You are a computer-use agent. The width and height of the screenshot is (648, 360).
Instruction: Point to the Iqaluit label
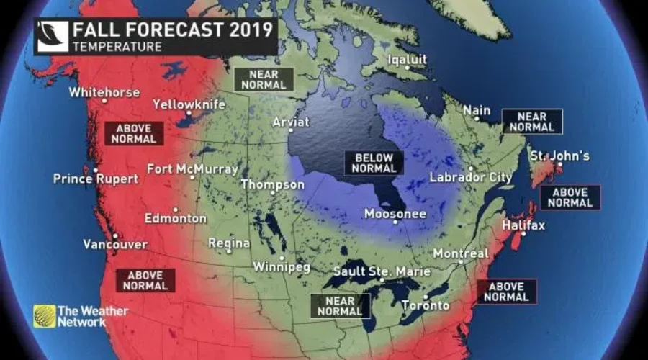coord(408,59)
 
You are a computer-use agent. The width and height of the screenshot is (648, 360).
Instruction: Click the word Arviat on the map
coord(290,122)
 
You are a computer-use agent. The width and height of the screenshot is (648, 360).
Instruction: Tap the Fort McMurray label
coord(192,169)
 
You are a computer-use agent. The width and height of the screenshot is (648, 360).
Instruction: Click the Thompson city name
coord(272,184)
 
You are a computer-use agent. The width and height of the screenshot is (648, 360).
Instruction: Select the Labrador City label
coord(471,177)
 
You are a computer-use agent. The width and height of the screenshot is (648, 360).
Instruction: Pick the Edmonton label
coord(175,218)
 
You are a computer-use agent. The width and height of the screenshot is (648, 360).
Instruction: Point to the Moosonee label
coord(395,214)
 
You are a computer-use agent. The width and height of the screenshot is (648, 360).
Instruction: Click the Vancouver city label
coord(115,244)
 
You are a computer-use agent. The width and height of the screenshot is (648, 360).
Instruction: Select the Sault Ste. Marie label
coord(382,271)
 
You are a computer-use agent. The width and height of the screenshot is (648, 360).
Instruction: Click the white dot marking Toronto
coord(426,296)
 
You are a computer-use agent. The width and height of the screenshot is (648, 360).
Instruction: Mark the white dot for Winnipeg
coord(282,257)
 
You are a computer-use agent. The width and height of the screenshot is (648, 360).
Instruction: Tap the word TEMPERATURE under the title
coord(116,47)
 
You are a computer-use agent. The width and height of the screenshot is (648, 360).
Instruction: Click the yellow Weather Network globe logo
coord(44,316)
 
